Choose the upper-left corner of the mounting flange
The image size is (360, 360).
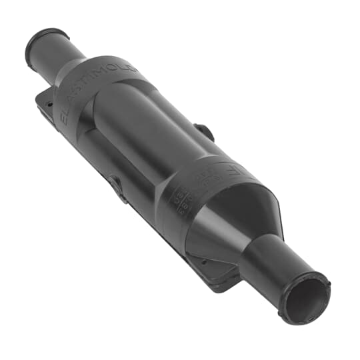(40, 100)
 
